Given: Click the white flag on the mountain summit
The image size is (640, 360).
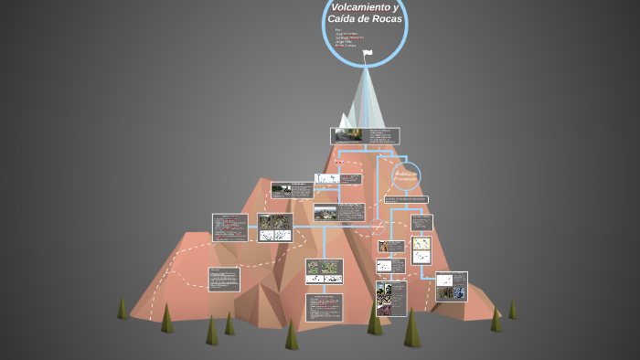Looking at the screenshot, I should pyautogui.click(x=368, y=52).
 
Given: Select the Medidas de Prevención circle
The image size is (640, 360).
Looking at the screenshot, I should pyautogui.click(x=406, y=175).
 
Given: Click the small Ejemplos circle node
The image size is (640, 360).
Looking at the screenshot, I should pyautogui.click(x=377, y=226).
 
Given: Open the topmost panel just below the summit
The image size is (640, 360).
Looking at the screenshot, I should pyautogui.click(x=365, y=135).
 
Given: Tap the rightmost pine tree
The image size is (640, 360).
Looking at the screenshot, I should pyautogui.click(x=512, y=310).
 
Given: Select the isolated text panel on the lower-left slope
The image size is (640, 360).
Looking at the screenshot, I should pyautogui.click(x=224, y=279).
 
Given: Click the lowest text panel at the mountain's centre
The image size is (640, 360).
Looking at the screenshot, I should pyautogui.click(x=324, y=307).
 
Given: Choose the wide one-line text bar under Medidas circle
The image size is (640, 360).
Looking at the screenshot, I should pyautogui.click(x=406, y=199).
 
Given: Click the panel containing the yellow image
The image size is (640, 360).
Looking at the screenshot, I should pyautogui.click(x=421, y=249).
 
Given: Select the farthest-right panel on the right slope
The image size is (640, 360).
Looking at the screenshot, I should pyautogui.click(x=451, y=286).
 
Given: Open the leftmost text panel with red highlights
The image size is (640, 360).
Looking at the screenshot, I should pyautogui.click(x=229, y=228).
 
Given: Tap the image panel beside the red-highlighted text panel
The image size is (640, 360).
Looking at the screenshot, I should pyautogui.click(x=275, y=228).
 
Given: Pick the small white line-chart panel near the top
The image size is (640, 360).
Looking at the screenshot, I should pyautogui.click(x=326, y=179).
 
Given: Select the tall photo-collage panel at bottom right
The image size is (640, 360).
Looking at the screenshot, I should pyautogui.click(x=391, y=298).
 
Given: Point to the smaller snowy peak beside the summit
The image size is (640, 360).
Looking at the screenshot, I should pyautogui.click(x=345, y=120).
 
